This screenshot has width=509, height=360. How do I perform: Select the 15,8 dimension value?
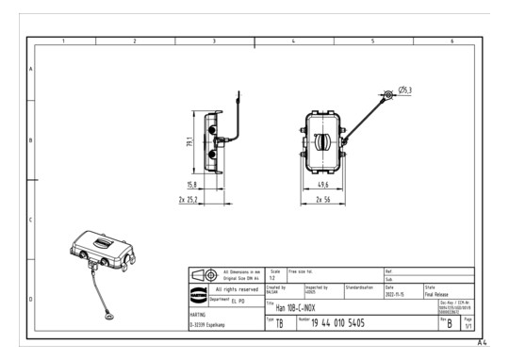coord(192,185)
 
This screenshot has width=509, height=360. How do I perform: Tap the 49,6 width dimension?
coord(323,187)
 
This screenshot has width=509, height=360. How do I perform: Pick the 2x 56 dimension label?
coord(323,201)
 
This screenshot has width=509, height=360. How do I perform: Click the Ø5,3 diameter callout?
coord(404,90)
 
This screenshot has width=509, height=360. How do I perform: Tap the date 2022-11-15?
coord(397,292)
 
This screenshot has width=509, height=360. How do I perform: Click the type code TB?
coord(279,323)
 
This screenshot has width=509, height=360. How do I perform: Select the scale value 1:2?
coord(271,277)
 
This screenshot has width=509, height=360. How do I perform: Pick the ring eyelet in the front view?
coord(387,94)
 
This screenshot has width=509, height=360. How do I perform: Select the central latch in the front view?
coord(321,142)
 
